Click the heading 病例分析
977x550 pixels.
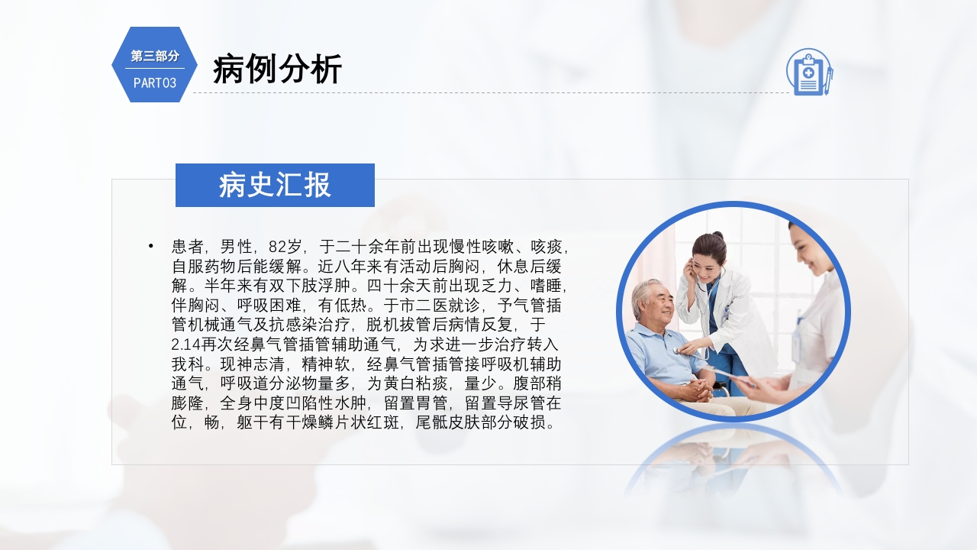click(277, 70)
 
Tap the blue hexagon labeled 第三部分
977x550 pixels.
click(154, 65)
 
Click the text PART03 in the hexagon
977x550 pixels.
click(155, 82)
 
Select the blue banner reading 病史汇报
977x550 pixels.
click(275, 185)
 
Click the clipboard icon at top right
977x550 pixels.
click(808, 73)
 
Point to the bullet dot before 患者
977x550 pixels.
click(151, 246)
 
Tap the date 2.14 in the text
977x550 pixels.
click(188, 345)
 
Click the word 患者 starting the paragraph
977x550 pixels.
click(187, 247)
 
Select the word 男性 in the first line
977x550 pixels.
click(237, 247)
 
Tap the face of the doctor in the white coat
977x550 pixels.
click(707, 260)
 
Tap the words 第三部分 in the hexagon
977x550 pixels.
click(155, 56)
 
